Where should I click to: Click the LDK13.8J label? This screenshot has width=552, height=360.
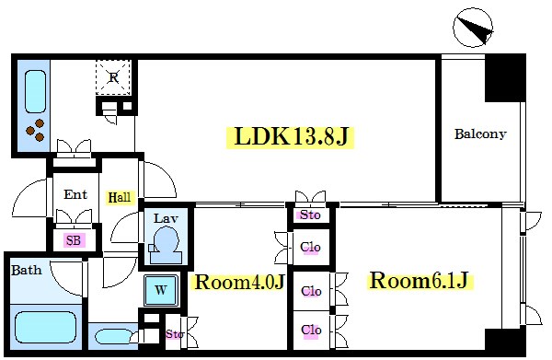[290, 137]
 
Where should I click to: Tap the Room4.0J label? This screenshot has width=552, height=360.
[239, 282]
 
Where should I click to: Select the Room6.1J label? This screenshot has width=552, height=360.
[420, 281]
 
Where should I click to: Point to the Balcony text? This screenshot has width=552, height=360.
[480, 134]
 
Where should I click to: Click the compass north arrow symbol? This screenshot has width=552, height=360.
[473, 28]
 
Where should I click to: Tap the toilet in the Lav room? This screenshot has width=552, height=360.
[166, 245]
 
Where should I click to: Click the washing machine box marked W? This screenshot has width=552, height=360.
[161, 290]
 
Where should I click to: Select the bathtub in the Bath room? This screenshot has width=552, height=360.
[46, 328]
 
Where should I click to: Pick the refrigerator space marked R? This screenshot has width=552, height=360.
[113, 77]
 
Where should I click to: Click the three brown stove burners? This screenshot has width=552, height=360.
[35, 130]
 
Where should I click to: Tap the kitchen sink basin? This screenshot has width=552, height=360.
[35, 91]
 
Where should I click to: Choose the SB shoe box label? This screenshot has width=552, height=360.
[74, 240]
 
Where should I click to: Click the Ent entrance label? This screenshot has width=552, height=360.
[75, 194]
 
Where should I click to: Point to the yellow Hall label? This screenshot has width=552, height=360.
[120, 197]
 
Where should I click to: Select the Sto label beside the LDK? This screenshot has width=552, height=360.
[310, 215]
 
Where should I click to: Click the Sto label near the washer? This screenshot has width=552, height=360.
[174, 333]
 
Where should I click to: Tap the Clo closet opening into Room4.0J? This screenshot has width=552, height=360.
[310, 247]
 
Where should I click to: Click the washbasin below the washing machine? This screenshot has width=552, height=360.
[113, 337]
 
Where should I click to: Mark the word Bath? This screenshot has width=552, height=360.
[27, 271]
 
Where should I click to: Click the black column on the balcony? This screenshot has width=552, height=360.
[505, 78]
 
